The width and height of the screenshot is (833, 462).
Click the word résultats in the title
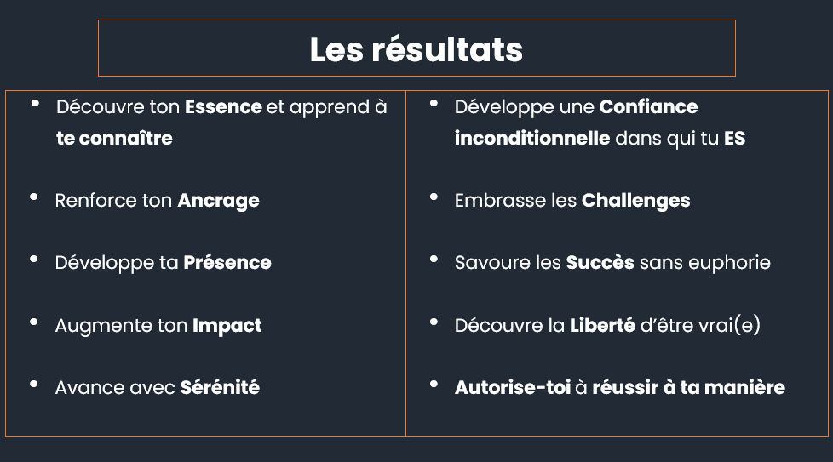(x=447, y=49)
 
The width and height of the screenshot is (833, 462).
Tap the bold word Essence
(x=223, y=106)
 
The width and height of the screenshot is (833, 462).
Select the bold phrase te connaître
(x=114, y=138)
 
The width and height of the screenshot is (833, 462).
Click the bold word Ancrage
(x=218, y=201)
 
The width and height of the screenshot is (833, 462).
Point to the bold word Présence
(x=227, y=262)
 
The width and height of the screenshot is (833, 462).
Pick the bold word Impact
(x=227, y=326)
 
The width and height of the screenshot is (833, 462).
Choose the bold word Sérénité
(x=220, y=387)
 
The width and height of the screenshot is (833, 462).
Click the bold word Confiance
(x=648, y=106)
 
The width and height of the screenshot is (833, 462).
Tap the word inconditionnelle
(x=531, y=138)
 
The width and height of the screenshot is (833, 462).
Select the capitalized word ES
(x=735, y=138)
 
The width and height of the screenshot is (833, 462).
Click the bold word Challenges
(x=636, y=201)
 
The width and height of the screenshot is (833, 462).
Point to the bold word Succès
(x=600, y=262)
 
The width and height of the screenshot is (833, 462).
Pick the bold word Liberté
(x=602, y=325)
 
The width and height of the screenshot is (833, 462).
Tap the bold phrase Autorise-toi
(x=513, y=387)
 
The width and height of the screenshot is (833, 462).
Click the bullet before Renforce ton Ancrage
(x=33, y=197)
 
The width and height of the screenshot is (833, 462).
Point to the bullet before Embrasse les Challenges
(x=434, y=197)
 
